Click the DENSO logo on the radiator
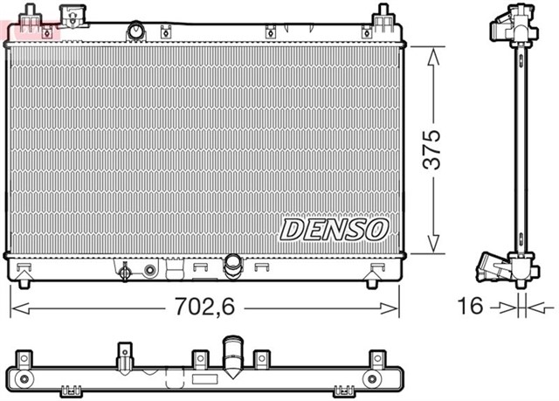point(333,230)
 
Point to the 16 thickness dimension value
point(471,306)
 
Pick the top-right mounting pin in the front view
point(382,16)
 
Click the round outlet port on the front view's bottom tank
point(232,264)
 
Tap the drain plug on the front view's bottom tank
point(126,272)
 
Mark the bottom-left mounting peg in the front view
point(24,279)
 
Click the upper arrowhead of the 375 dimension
point(431,54)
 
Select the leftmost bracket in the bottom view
point(19,359)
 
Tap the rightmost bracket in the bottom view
point(377,359)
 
